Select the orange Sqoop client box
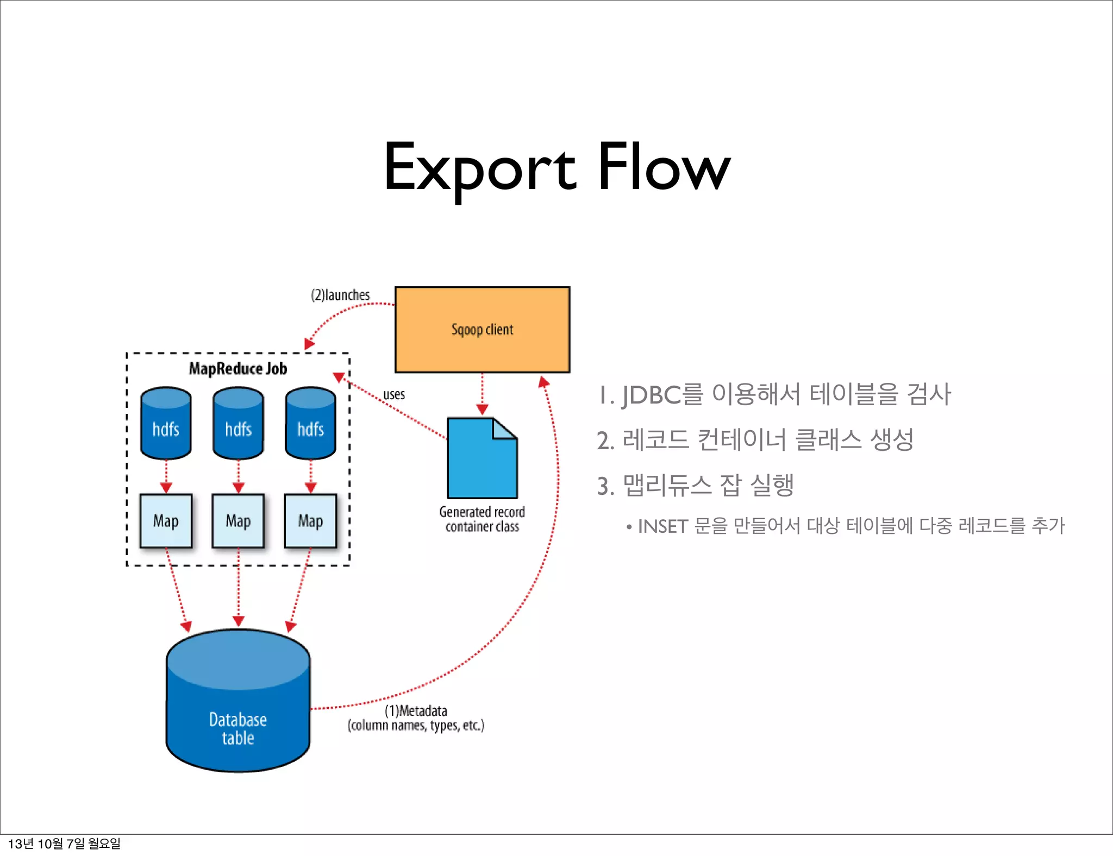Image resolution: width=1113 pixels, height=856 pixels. [482, 329]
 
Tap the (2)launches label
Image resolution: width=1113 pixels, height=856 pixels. [340, 295]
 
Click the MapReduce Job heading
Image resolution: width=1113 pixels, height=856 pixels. [237, 369]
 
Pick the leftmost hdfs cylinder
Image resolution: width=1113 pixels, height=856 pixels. [166, 424]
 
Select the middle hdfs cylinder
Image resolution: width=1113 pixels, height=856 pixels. [238, 424]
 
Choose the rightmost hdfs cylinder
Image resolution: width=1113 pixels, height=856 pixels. [310, 424]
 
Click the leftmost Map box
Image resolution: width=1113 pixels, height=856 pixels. [166, 521]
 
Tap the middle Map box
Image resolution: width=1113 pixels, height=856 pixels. [238, 521]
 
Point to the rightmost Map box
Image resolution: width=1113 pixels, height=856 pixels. [310, 521]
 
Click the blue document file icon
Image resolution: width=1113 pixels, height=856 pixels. [482, 459]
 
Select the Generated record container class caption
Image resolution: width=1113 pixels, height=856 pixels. [482, 519]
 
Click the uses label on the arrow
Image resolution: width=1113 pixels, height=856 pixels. [394, 394]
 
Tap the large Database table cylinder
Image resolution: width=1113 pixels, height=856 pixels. [238, 706]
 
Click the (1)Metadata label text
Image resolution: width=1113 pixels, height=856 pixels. [416, 711]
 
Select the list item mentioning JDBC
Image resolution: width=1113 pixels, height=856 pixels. [774, 394]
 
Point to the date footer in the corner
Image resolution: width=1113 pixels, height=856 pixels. [64, 844]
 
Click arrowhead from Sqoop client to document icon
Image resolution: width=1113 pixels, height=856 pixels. [482, 409]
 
